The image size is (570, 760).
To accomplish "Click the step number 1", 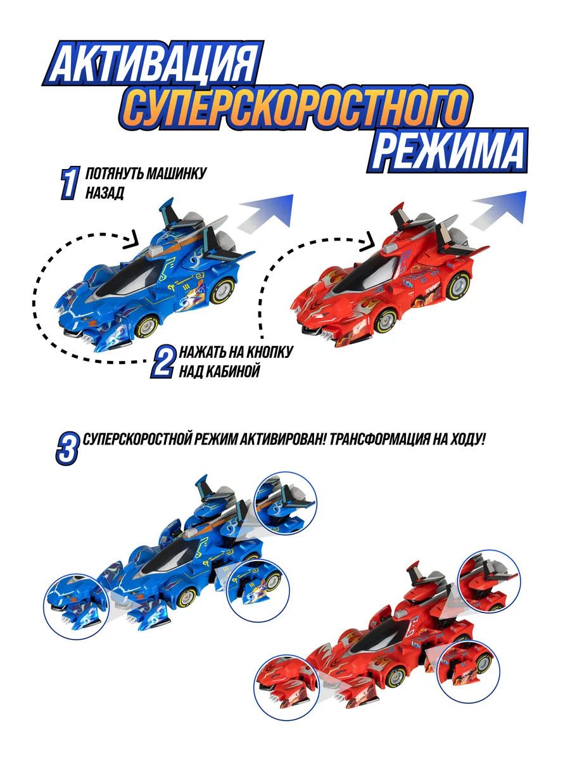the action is click(x=70, y=183).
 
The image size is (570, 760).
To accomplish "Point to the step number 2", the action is click(x=162, y=362).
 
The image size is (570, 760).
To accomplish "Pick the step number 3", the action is click(x=67, y=449).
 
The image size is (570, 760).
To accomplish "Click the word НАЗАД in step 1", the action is click(x=104, y=193).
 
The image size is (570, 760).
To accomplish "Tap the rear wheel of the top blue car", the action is click(x=222, y=291).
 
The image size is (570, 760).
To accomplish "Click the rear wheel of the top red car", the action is click(x=457, y=286).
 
